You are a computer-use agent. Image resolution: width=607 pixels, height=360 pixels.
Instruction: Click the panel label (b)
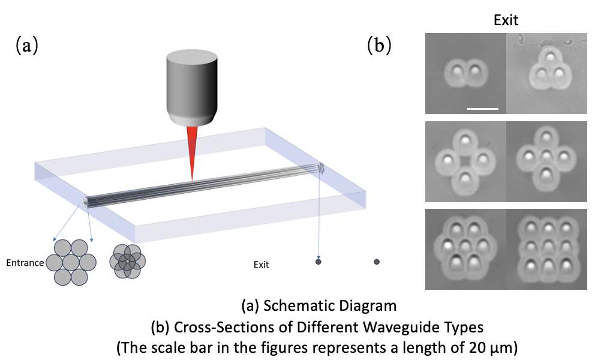coord(379,46)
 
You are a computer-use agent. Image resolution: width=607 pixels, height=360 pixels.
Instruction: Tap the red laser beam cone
coord(192,150)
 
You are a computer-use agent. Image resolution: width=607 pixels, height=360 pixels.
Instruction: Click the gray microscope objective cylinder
coord(191,87)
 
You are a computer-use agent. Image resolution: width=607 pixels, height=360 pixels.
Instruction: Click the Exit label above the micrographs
coord(506,20)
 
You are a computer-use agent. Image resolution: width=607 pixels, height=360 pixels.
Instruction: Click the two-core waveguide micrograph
coord(465,73)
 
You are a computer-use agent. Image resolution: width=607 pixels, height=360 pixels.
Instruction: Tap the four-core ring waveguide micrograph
coord(465,161)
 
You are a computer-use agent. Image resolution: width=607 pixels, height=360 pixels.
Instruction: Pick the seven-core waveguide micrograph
coord(465,247)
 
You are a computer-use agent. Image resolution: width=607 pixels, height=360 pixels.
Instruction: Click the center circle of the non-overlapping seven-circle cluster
coord(71,262)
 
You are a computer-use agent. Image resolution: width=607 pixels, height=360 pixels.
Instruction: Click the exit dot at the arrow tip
coord(318,262)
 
